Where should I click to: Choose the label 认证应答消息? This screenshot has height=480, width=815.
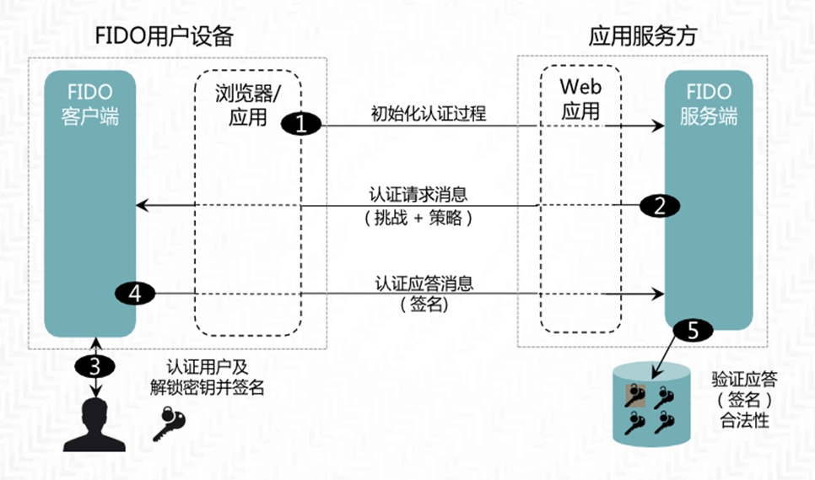click(424, 283)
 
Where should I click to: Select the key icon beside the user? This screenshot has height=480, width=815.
click(171, 422)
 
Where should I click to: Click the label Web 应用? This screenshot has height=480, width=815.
click(580, 98)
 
